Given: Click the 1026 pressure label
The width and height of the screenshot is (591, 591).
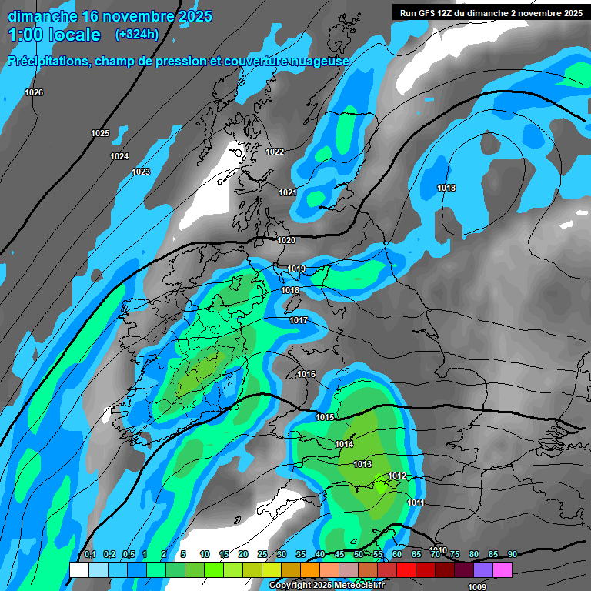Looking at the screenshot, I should pos(34,93).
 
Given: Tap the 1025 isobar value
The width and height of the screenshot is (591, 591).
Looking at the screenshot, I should pos(100,134).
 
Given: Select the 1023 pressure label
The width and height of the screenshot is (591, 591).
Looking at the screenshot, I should pos(141,172).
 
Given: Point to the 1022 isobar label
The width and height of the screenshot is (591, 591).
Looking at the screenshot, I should pos(275,152).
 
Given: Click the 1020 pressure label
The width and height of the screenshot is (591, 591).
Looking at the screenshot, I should pos(286,241).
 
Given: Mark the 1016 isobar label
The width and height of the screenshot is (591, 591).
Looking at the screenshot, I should pos(306,375).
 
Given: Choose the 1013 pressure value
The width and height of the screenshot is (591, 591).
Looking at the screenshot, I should pos(362,465).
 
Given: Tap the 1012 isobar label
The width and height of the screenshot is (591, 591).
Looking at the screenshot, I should pos(397,476).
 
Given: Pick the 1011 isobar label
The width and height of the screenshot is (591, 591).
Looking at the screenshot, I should pos(416,503).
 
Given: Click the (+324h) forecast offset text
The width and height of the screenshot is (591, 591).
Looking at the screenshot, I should pos(137,35).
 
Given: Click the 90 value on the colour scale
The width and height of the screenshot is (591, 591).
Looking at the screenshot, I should pos(512,554).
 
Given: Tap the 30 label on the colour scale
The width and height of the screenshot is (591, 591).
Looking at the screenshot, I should pos(282,554).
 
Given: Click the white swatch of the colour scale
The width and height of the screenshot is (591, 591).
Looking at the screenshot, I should pos(78,569).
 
